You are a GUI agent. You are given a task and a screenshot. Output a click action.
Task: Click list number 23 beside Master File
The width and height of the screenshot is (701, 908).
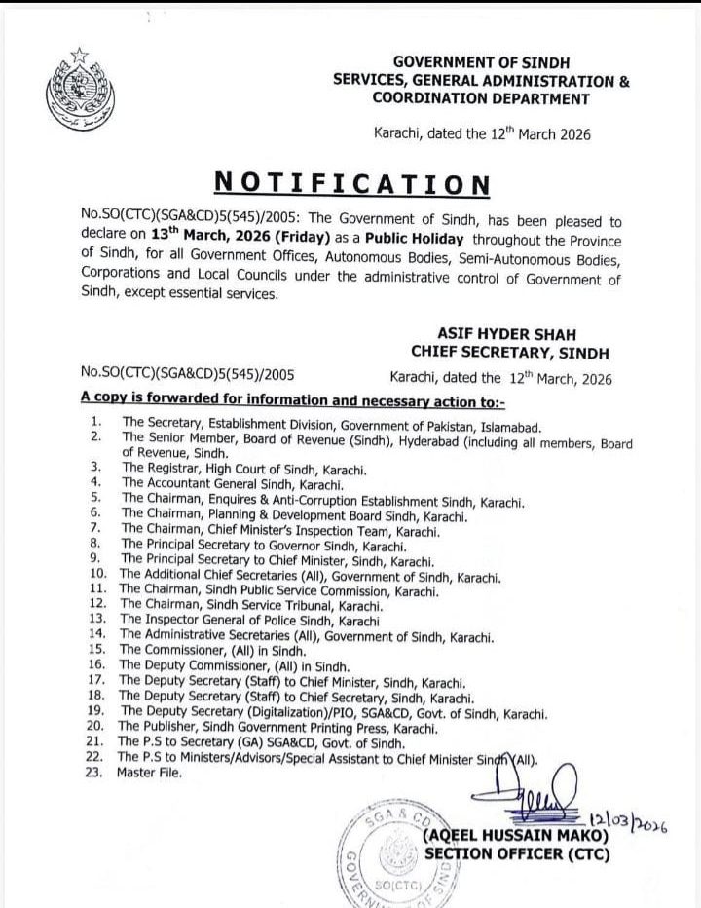[95, 772]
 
